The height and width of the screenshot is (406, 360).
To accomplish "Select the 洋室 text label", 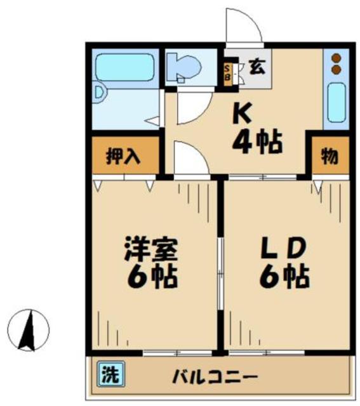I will click(x=150, y=248).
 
